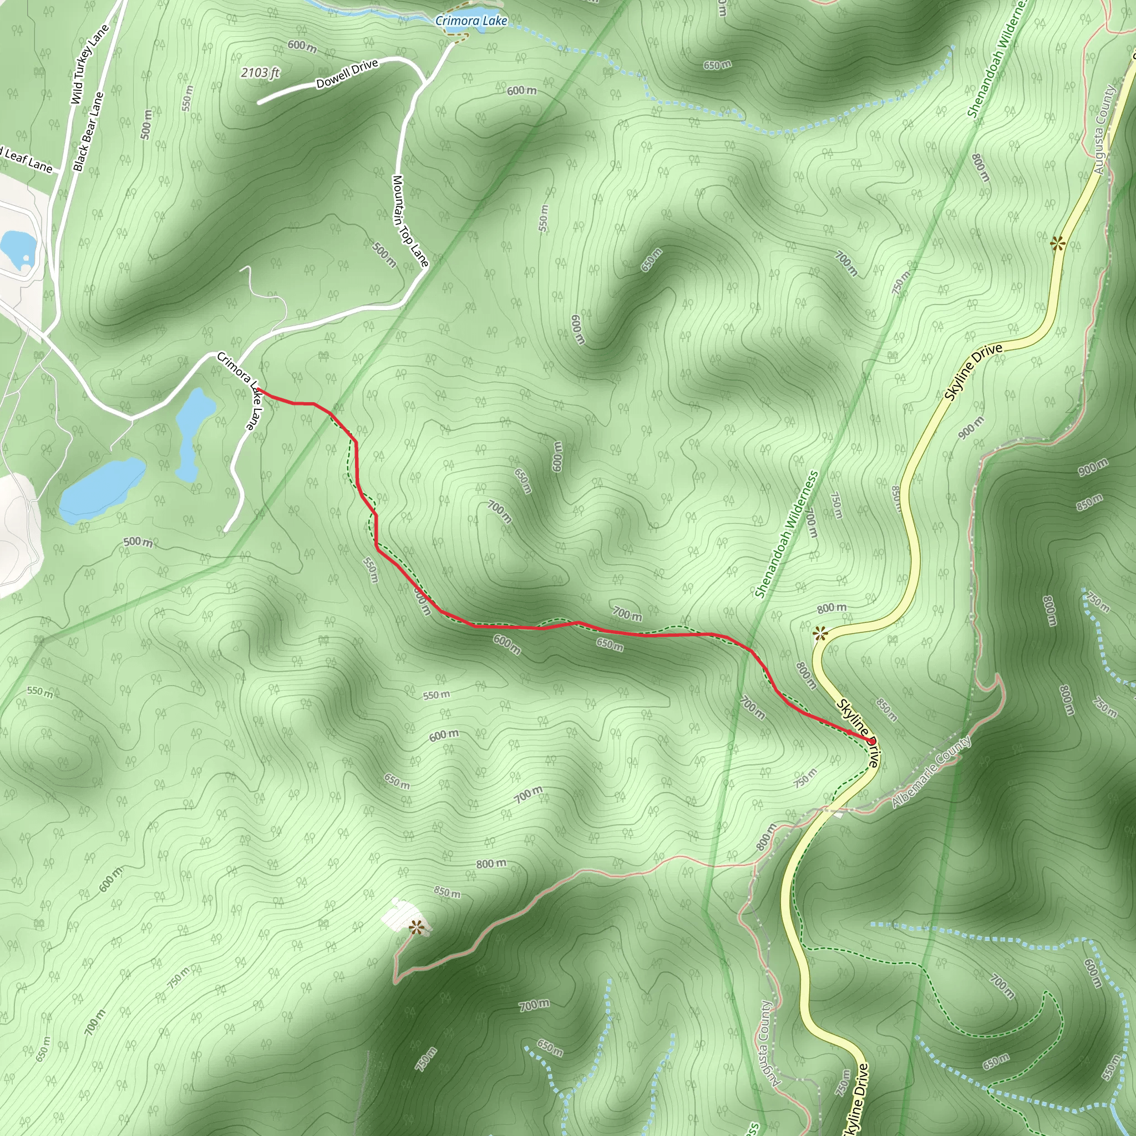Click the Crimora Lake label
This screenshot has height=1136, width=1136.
click(x=471, y=21)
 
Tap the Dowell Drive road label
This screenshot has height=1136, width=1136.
click(x=347, y=74)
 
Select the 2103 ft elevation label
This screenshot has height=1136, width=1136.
click(x=260, y=73)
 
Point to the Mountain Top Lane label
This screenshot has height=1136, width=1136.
click(x=410, y=221)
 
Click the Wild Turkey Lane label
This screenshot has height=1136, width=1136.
click(x=90, y=65)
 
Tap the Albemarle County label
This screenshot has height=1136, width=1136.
click(x=931, y=772)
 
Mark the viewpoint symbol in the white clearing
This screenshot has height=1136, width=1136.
click(x=417, y=927)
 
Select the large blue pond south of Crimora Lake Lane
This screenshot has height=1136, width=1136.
click(x=102, y=489)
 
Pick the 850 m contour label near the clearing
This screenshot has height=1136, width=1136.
click(x=447, y=892)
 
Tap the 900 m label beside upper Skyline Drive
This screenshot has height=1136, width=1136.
click(x=971, y=428)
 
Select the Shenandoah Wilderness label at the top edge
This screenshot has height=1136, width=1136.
click(x=997, y=59)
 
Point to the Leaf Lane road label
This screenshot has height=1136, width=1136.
click(x=27, y=160)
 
